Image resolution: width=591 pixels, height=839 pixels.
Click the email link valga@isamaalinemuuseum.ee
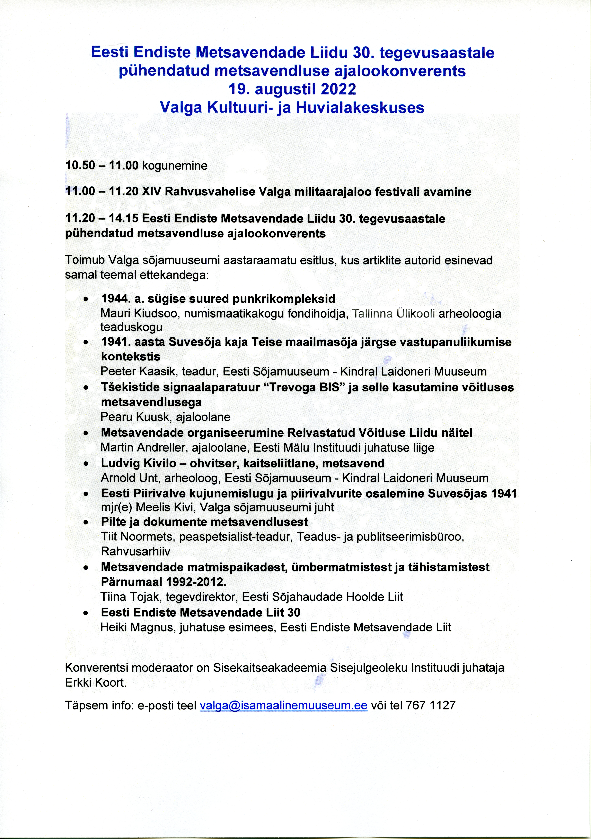click(x=283, y=715)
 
